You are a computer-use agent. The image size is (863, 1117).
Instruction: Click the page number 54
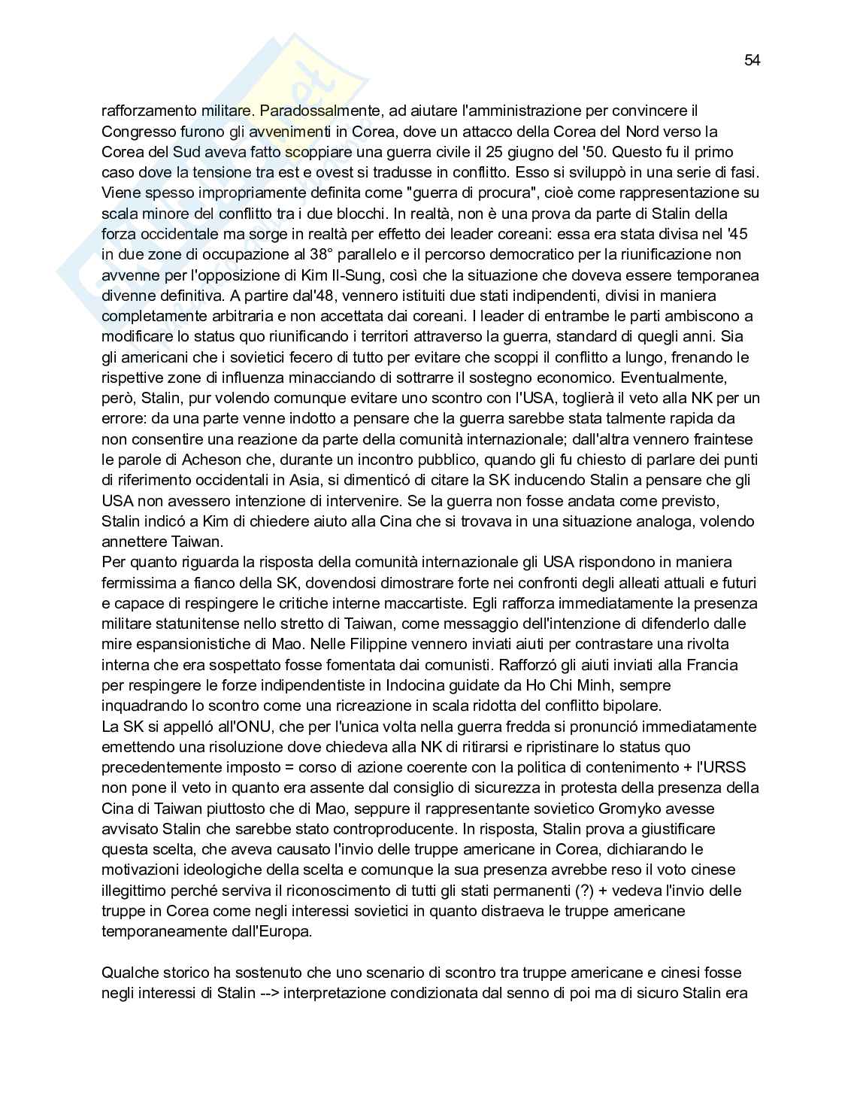[752, 61]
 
